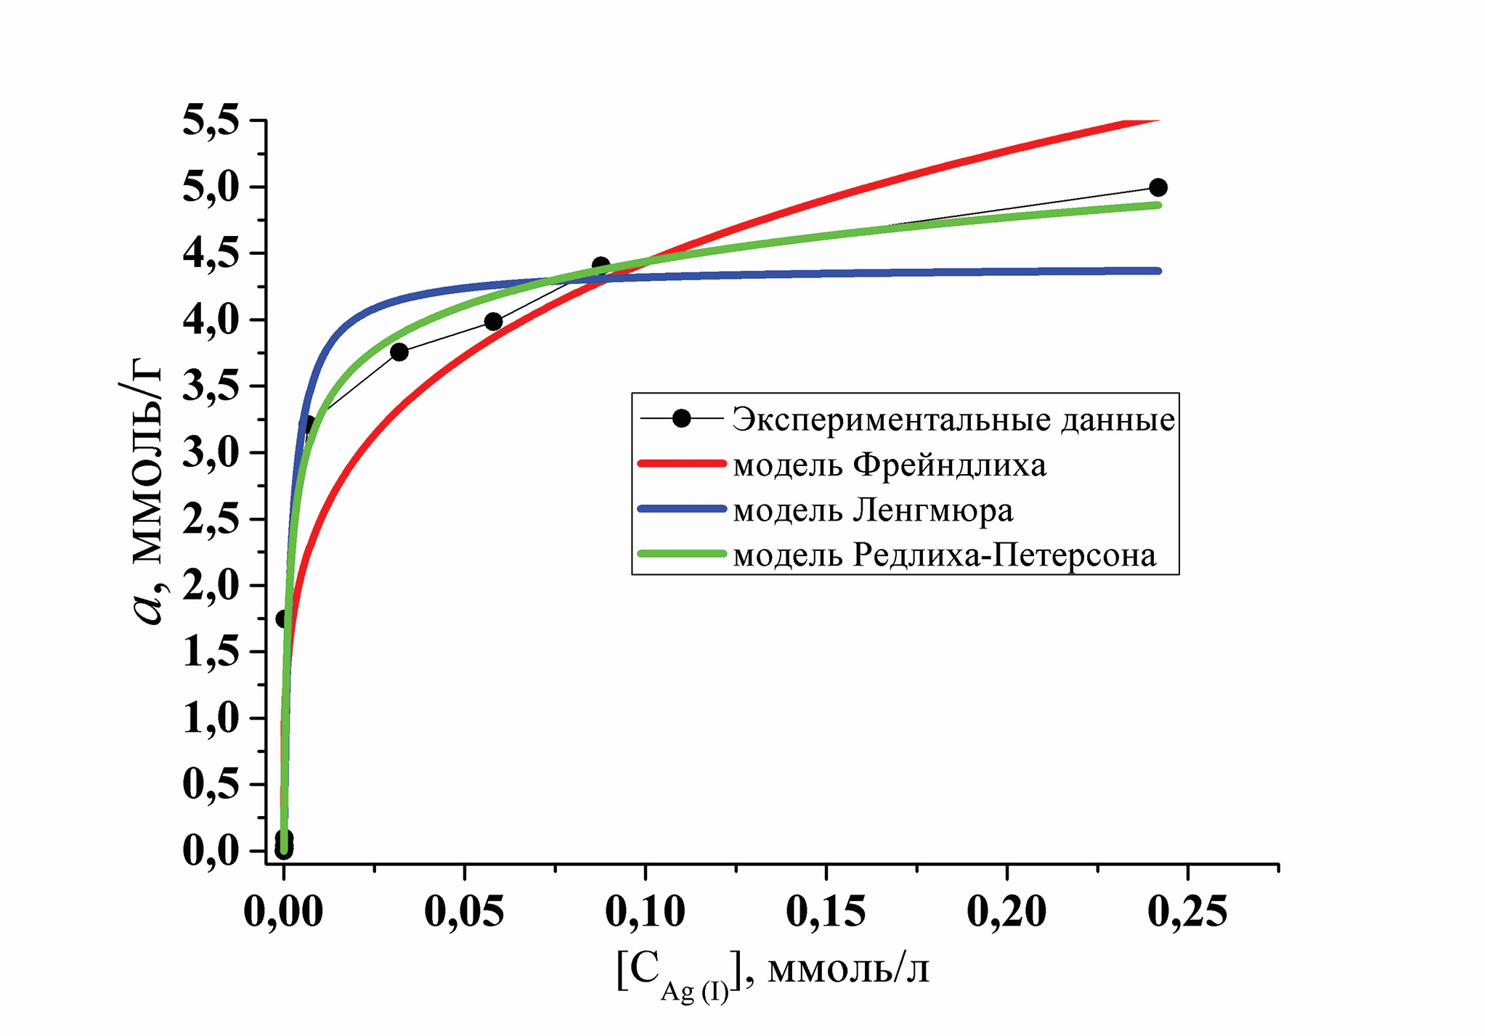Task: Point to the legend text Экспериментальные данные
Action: [953, 420]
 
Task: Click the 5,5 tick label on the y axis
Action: [211, 121]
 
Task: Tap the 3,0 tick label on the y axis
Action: [211, 453]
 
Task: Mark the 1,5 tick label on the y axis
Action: [211, 652]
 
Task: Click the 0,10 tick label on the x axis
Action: [645, 911]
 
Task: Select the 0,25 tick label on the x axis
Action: [1187, 911]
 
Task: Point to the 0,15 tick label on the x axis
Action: [826, 911]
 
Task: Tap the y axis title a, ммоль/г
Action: [145, 494]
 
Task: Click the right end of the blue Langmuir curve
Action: [1158, 271]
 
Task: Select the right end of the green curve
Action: [1158, 205]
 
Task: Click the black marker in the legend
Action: [681, 419]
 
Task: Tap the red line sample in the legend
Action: [681, 463]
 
